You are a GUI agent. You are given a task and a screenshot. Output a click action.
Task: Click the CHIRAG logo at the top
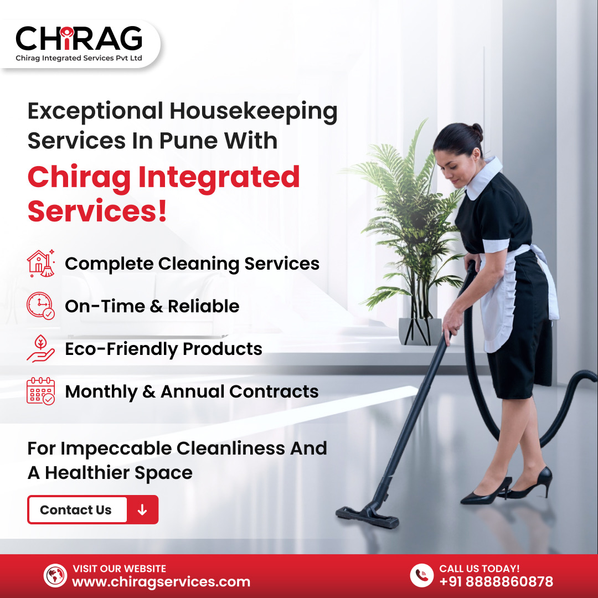pyautogui.click(x=79, y=43)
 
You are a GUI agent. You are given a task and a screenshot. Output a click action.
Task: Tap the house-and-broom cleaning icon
pyautogui.click(x=41, y=263)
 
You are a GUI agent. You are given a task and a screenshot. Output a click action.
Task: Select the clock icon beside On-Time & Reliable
pyautogui.click(x=40, y=306)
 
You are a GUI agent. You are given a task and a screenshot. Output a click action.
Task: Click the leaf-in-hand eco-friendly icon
pyautogui.click(x=40, y=348)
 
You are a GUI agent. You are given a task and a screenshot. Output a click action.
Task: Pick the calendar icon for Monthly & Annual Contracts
pyautogui.click(x=40, y=391)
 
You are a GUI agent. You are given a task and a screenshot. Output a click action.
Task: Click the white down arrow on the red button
pyautogui.click(x=142, y=509)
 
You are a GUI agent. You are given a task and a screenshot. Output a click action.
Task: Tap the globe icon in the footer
pyautogui.click(x=55, y=575)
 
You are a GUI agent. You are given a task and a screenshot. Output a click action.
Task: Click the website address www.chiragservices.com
pyautogui.click(x=161, y=582)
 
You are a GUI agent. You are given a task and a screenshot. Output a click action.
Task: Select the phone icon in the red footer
pyautogui.click(x=421, y=575)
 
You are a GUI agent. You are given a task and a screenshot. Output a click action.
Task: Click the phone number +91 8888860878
pyautogui.click(x=496, y=581)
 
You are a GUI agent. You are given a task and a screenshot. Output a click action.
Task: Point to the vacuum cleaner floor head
pyautogui.click(x=367, y=517)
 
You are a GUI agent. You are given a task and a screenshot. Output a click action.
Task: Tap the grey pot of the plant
pyautogui.click(x=420, y=332)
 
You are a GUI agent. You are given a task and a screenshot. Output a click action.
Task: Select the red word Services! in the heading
pyautogui.click(x=97, y=210)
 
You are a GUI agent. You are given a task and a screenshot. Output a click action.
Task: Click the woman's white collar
pyautogui.click(x=483, y=177)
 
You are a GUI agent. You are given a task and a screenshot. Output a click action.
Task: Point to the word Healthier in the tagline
pyautogui.click(x=87, y=472)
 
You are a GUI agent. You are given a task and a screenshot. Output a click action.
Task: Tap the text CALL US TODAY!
pyautogui.click(x=479, y=568)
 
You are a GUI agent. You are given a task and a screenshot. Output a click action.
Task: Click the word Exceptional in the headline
pyautogui.click(x=95, y=112)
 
